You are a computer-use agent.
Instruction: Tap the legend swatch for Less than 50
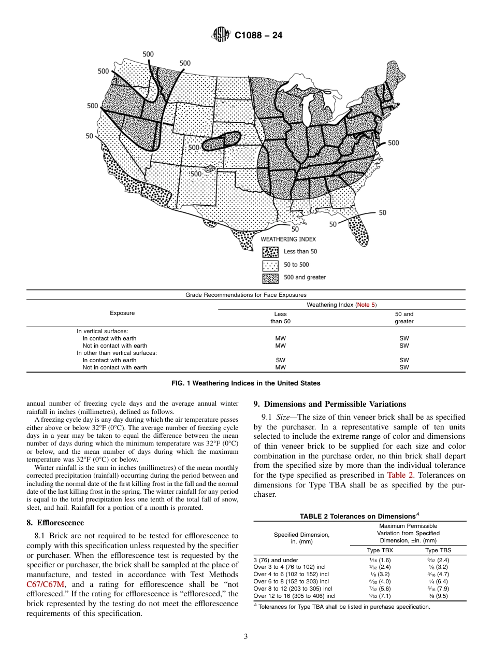(x=270, y=252)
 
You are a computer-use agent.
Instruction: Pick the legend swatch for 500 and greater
(x=270, y=278)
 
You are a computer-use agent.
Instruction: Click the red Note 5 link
(x=366, y=305)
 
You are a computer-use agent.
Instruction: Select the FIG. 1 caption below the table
(x=245, y=383)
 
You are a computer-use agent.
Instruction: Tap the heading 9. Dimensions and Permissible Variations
(x=329, y=404)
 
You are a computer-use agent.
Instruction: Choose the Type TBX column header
(x=380, y=551)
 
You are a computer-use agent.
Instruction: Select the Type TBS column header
(x=438, y=551)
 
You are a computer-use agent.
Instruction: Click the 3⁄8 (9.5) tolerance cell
(x=438, y=596)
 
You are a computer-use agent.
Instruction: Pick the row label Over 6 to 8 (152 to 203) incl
(x=291, y=581)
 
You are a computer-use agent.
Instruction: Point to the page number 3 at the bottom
(x=246, y=637)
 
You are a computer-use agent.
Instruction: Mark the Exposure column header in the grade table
(x=122, y=313)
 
